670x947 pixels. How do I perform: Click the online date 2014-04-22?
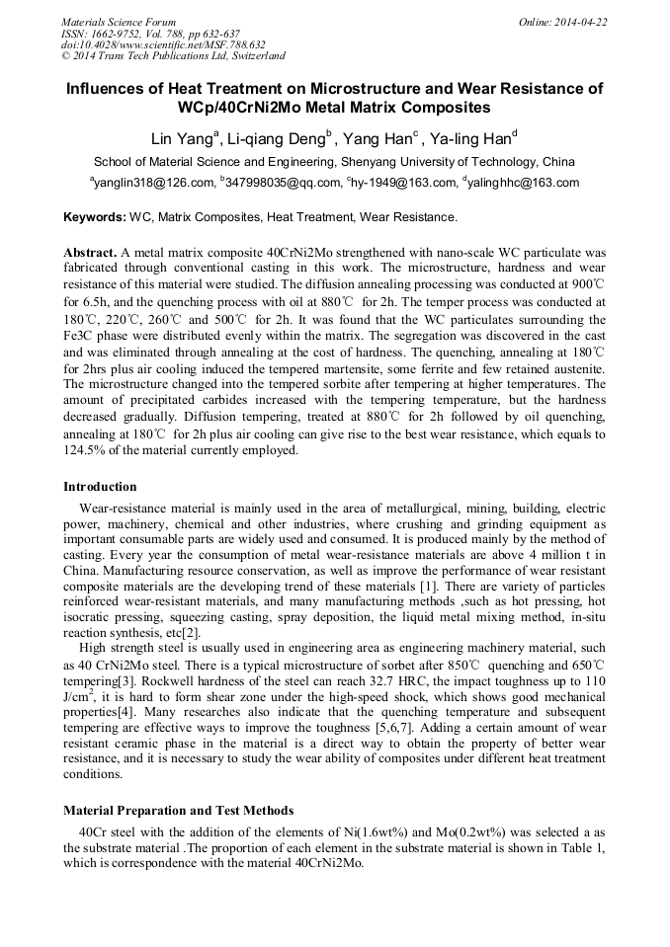point(580,21)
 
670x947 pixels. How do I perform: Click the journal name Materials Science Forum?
point(119,21)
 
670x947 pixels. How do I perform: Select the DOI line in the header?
point(163,44)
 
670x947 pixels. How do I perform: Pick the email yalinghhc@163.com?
point(525,183)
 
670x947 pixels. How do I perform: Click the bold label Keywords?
point(94,216)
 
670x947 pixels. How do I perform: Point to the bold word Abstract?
point(90,253)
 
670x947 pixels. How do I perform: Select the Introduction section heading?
point(100,487)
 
